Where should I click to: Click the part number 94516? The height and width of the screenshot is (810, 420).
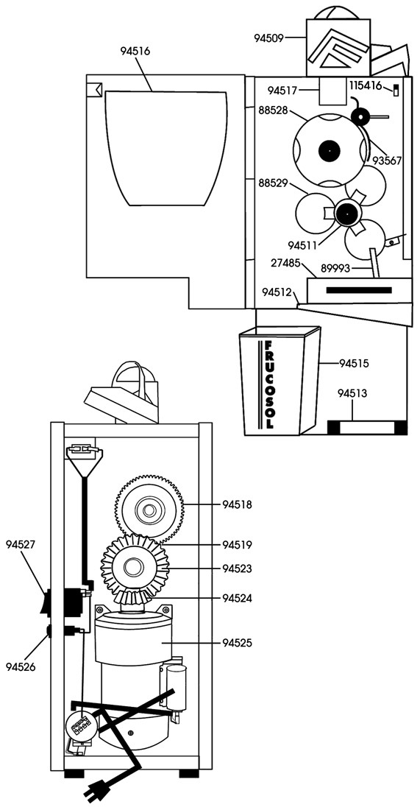pos(135,51)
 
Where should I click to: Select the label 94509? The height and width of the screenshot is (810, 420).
pos(268,38)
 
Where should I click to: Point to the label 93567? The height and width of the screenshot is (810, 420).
pos(387,161)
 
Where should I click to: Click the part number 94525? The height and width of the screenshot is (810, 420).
pos(238,643)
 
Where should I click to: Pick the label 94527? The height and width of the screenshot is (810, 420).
pos(21,544)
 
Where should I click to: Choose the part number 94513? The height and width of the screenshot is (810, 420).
pos(352,394)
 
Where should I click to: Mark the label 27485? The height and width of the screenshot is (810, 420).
pos(286,264)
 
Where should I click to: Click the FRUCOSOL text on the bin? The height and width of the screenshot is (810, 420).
pos(268,385)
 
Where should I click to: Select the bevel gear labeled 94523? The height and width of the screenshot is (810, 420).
pos(135,566)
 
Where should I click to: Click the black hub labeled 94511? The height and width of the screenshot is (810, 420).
pos(347,212)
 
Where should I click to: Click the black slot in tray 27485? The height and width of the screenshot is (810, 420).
pos(359,290)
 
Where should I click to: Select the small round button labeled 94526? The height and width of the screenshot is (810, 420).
pos(49,631)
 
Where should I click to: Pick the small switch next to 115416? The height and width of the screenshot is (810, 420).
pos(396,89)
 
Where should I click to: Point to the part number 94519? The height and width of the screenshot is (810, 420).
pos(238,544)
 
